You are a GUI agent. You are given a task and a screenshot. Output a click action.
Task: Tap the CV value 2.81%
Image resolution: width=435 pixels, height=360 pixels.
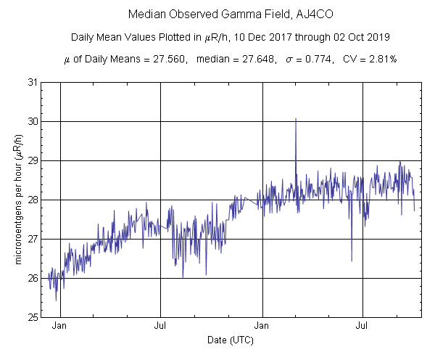378,60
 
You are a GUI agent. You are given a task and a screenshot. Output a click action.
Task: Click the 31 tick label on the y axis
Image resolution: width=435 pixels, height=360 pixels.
33,82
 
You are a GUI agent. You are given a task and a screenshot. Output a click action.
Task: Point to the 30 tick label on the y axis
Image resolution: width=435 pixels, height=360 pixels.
33,121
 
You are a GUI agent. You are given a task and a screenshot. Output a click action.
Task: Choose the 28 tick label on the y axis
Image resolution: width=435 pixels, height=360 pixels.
33,200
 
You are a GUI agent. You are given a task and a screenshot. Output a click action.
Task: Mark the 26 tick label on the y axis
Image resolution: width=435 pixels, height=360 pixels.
33,278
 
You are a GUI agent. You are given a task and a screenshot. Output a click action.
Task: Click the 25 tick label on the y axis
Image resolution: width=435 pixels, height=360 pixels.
33,317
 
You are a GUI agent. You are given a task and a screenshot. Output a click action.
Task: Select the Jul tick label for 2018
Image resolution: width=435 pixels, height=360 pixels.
160,327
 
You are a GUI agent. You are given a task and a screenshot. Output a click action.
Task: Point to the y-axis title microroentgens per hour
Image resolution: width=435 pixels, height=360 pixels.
17,200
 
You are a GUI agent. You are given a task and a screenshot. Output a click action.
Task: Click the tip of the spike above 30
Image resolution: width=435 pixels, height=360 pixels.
296,118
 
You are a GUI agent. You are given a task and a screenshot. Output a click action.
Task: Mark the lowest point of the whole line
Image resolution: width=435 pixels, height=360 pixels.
56,300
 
